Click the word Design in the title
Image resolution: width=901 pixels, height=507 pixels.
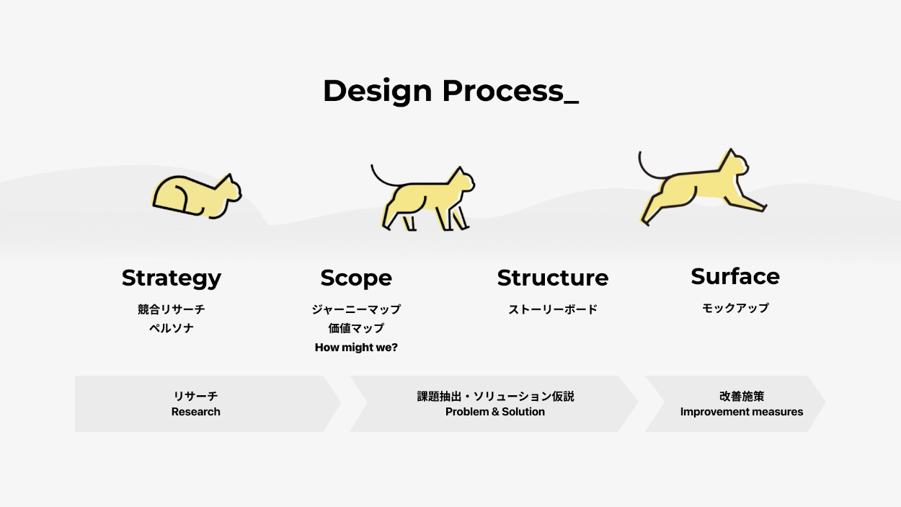pyautogui.click(x=377, y=92)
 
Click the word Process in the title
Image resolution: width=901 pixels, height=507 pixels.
pyautogui.click(x=503, y=91)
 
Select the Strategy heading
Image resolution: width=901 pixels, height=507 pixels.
pyautogui.click(x=172, y=278)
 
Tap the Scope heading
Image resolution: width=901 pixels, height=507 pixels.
pyautogui.click(x=356, y=278)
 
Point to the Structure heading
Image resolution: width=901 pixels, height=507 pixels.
pyautogui.click(x=553, y=278)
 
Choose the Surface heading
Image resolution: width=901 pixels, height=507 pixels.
pyautogui.click(x=735, y=276)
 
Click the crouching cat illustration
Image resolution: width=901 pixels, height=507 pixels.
pyautogui.click(x=197, y=196)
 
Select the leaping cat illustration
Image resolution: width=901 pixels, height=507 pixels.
pyautogui.click(x=703, y=187)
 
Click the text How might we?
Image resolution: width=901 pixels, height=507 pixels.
pyautogui.click(x=356, y=347)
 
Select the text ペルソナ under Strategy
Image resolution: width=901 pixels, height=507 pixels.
pyautogui.click(x=172, y=328)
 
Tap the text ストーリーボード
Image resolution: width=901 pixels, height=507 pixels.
pyautogui.click(x=553, y=309)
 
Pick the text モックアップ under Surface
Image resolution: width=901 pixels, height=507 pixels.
pyautogui.click(x=735, y=308)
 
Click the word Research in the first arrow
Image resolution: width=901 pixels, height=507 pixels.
pyautogui.click(x=196, y=412)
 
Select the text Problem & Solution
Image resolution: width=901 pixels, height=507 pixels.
pyautogui.click(x=495, y=412)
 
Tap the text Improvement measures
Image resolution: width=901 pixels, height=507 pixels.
pyautogui.click(x=741, y=412)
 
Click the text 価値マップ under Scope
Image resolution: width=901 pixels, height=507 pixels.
pyautogui.click(x=356, y=328)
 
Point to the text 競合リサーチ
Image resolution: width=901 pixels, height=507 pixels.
pyautogui.click(x=172, y=309)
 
